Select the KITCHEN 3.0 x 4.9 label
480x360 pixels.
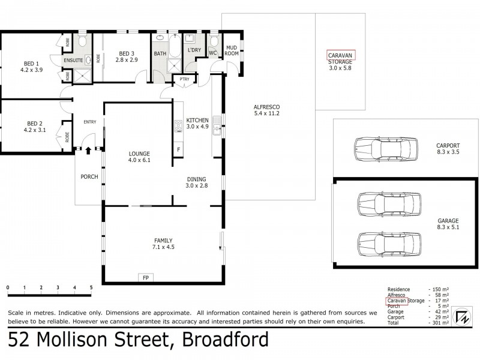tap(197, 123)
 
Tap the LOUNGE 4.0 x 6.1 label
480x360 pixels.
tap(139, 157)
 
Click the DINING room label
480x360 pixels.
tap(197, 182)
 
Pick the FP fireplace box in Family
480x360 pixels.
tap(145, 277)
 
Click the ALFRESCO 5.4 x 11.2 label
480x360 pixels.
tap(268, 110)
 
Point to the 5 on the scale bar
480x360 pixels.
tap(91, 287)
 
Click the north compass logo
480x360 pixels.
tap(461, 317)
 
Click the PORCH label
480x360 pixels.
tap(89, 176)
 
